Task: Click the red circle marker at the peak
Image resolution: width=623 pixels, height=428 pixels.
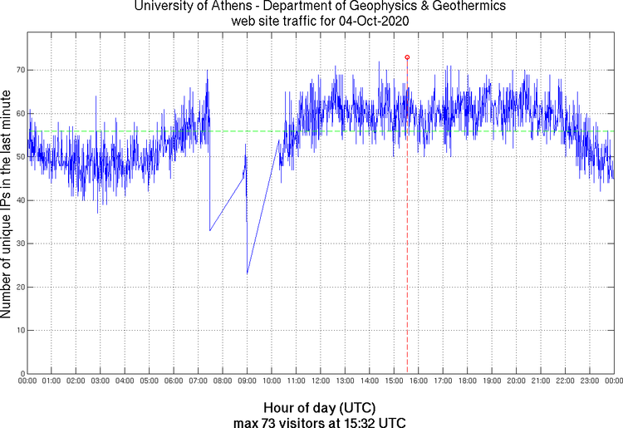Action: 407,57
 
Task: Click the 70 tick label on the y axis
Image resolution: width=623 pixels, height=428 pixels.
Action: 18,71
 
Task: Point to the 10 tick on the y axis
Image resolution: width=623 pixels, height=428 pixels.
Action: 18,330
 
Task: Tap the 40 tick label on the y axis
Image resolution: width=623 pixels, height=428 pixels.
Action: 18,200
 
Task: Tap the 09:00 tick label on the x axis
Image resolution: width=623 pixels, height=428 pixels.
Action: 247,381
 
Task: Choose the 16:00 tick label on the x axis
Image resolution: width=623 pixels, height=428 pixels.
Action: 419,381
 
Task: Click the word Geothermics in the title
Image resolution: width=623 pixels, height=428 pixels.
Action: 448,7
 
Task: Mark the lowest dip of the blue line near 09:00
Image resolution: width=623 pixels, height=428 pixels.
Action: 248,273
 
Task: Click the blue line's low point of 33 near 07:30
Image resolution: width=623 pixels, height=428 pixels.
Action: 210,230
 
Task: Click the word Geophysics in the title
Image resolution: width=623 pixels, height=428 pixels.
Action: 364,7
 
